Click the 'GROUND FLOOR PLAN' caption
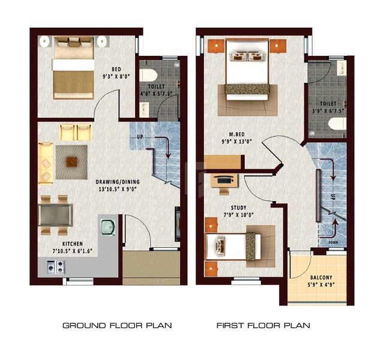click(x=117, y=325)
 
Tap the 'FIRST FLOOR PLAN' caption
click(x=263, y=325)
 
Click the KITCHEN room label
click(x=73, y=244)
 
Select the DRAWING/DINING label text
click(x=118, y=182)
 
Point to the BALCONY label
click(x=321, y=277)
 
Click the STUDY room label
click(x=239, y=208)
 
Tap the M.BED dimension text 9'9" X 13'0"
click(x=237, y=142)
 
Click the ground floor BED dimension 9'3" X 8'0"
click(x=116, y=76)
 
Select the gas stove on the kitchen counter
click(x=56, y=267)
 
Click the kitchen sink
click(x=108, y=227)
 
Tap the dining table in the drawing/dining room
click(x=56, y=215)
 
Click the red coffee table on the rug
click(x=71, y=162)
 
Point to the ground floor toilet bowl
click(x=148, y=75)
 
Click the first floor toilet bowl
click(x=337, y=124)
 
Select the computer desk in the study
click(x=224, y=181)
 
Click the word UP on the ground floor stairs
click(x=140, y=137)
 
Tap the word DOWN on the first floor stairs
click(x=333, y=242)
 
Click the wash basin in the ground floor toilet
click(x=144, y=109)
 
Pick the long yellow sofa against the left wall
click(x=46, y=163)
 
